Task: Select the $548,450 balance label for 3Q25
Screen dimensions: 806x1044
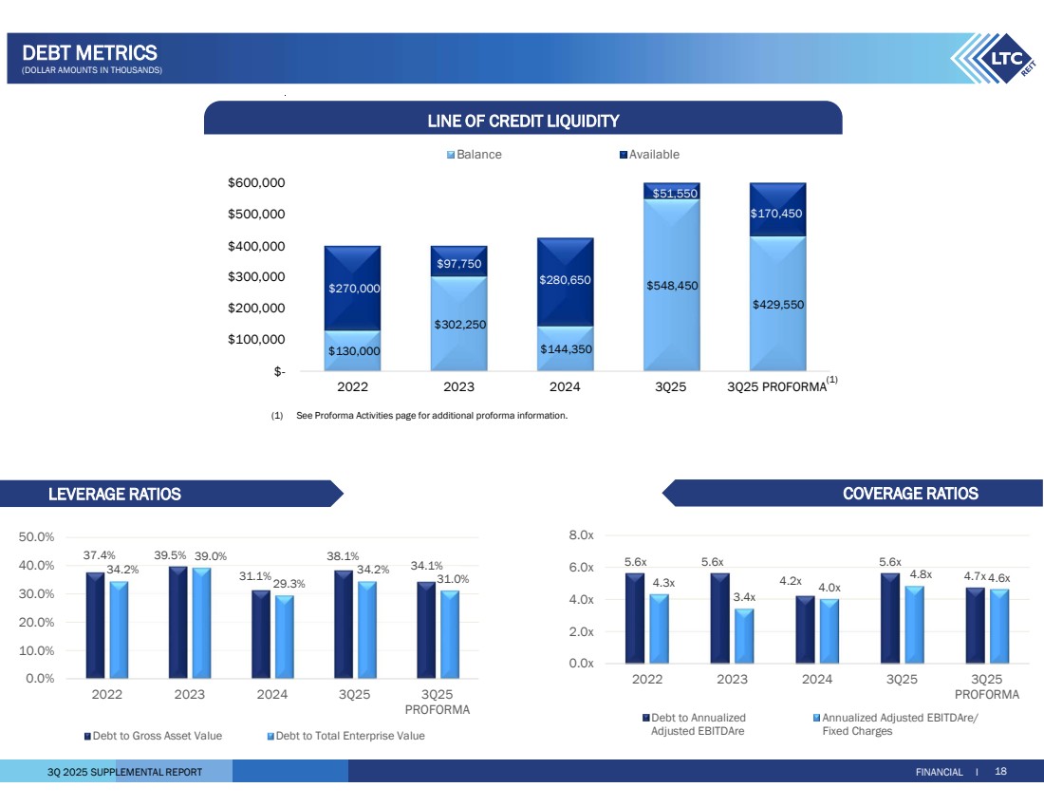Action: [x=671, y=285]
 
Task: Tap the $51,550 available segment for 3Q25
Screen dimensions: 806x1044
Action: [x=675, y=194]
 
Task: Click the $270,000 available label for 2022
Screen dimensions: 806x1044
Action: [x=354, y=288]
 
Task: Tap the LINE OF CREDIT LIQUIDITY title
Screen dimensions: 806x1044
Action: [x=523, y=121]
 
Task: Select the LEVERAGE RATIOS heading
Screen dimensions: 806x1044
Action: [x=115, y=494]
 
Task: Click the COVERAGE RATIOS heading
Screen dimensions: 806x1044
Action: [x=910, y=493]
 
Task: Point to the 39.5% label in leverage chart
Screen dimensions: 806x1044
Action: [x=170, y=555]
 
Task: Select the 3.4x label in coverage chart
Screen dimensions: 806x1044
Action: [x=744, y=596]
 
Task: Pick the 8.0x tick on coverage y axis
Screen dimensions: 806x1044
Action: [x=582, y=536]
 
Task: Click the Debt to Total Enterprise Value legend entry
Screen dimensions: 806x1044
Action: [x=345, y=736]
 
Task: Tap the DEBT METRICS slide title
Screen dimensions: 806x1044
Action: [x=89, y=53]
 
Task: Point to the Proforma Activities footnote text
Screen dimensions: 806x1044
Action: [x=432, y=415]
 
